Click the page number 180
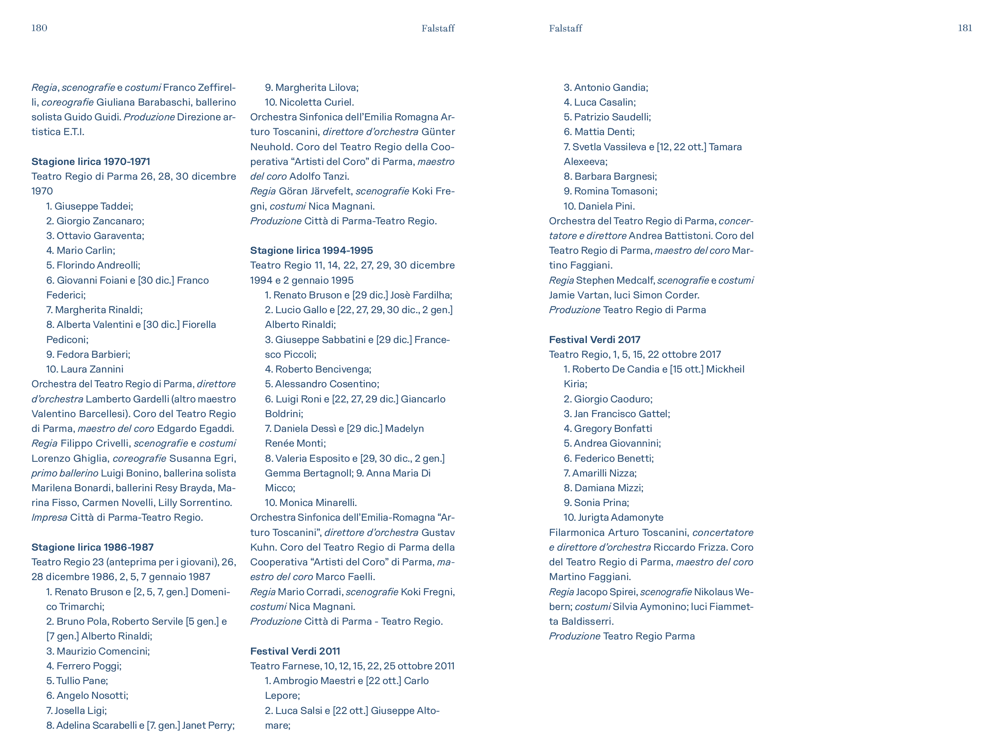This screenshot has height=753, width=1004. click(39, 27)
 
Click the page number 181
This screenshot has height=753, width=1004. click(965, 27)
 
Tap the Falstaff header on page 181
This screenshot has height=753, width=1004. click(565, 28)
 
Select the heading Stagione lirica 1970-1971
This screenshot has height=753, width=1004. click(91, 162)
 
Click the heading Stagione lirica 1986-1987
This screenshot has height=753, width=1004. click(92, 547)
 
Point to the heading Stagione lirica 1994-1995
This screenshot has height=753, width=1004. click(312, 250)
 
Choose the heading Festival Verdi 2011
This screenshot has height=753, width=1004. click(295, 651)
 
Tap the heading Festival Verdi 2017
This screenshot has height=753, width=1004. click(594, 339)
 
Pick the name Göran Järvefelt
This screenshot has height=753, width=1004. click(316, 191)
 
